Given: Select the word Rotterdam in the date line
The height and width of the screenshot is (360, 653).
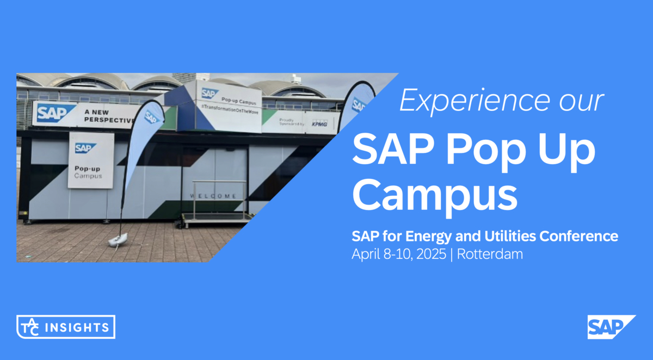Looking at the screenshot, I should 490,254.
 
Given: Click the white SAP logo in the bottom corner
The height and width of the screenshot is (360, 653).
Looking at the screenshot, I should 611,327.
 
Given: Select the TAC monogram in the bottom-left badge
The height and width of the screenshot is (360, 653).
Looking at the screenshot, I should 28,327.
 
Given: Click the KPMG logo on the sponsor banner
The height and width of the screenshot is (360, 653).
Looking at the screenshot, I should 318,123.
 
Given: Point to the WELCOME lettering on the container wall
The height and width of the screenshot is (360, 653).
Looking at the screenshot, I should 213,196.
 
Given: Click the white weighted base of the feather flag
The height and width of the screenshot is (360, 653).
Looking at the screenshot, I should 119,240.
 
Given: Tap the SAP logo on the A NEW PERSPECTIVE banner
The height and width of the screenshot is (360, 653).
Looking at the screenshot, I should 55,113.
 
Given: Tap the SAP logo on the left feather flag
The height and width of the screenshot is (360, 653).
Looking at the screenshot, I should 153,118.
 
